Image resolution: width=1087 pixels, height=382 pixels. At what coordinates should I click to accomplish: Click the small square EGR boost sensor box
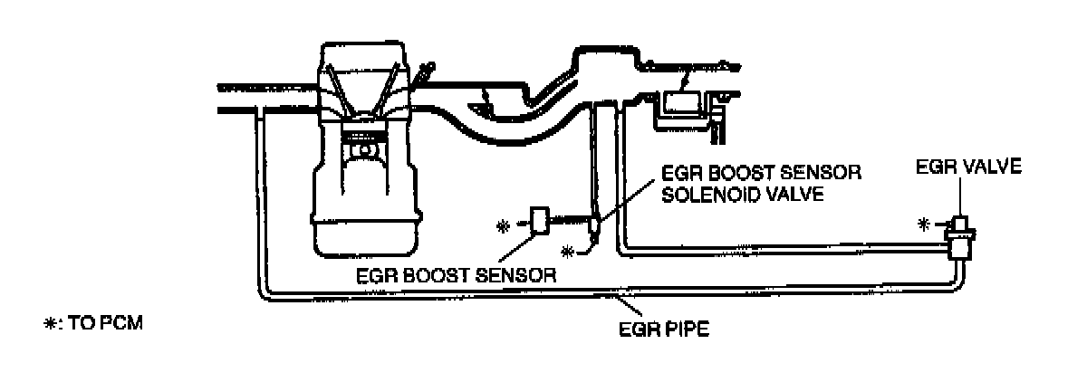[x=539, y=220]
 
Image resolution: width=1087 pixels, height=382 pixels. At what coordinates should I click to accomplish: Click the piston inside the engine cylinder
[x=366, y=145]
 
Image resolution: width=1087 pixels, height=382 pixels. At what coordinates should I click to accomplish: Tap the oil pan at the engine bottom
[x=366, y=231]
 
